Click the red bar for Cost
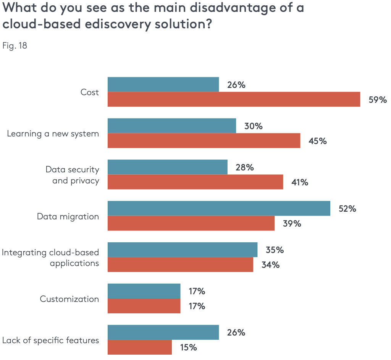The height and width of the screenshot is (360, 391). (234, 99)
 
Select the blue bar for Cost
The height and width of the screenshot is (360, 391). (163, 84)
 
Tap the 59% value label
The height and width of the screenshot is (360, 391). (378, 100)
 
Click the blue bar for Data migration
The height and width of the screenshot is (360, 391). (219, 208)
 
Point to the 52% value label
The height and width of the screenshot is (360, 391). (347, 209)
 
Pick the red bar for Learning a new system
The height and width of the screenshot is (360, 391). (204, 141)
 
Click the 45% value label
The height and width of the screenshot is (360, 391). (318, 141)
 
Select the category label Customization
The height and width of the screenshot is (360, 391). (69, 299)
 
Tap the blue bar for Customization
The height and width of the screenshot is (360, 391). (144, 291)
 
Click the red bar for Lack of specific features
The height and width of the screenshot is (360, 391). (140, 347)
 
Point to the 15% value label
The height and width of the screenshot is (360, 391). (189, 347)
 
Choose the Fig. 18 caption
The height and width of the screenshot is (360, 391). (15, 46)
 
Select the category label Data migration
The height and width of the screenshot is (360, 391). (68, 216)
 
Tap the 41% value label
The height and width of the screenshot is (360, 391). (300, 182)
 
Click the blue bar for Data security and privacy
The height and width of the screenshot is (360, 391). (167, 167)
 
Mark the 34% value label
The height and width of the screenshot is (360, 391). (270, 264)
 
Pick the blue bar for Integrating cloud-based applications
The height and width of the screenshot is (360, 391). (183, 250)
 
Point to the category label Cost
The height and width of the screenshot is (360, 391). (90, 92)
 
